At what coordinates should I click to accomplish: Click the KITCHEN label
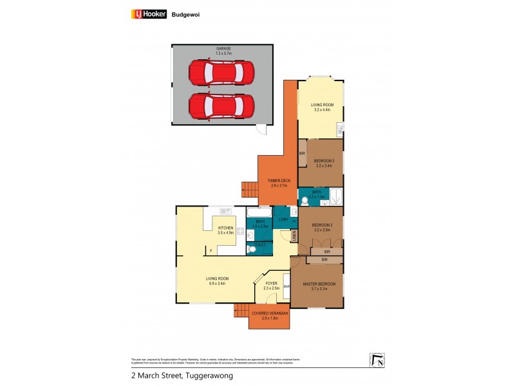coord(225,228)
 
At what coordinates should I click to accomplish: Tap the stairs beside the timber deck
coord(249,189)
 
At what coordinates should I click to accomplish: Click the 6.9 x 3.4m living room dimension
coord(218,283)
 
